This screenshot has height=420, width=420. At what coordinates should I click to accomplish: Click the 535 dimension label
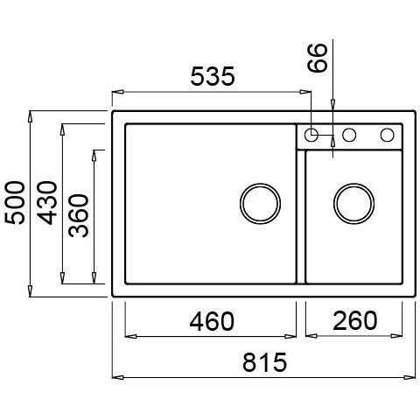(213, 76)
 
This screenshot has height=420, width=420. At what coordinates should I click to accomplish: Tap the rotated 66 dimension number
(318, 58)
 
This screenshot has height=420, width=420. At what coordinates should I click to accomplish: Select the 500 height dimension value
(16, 203)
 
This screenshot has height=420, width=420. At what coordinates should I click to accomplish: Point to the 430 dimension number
(47, 203)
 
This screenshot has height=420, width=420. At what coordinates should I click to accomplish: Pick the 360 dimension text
(79, 215)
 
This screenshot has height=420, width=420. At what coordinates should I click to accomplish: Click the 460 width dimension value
(212, 321)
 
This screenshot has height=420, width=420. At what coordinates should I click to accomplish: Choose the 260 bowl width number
(354, 320)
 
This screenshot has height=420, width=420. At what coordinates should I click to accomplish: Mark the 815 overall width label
(265, 362)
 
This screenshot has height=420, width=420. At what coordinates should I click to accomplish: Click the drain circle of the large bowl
(260, 204)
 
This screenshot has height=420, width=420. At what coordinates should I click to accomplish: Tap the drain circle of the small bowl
(353, 204)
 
